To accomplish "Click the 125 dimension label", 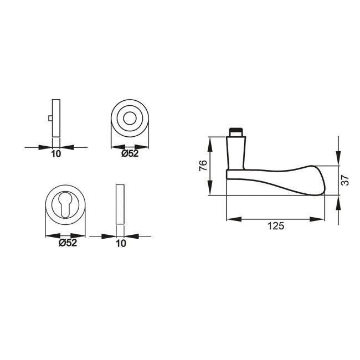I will tap(275, 226).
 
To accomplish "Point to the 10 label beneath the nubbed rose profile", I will tap(55, 154).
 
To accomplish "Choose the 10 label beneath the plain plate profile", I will tap(120, 243).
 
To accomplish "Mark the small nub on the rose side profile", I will tap(50, 119).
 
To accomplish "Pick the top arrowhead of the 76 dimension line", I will tap(210, 140).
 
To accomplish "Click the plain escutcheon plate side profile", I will tap(120, 203).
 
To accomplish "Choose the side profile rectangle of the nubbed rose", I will tap(55, 118).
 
